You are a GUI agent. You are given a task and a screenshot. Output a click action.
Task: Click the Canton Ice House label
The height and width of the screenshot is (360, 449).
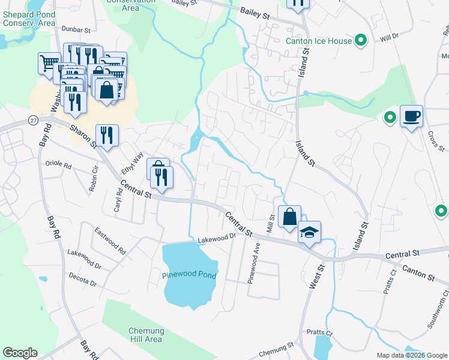(318, 41)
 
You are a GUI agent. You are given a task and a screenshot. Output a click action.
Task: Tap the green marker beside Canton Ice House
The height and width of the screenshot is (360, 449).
(361, 41)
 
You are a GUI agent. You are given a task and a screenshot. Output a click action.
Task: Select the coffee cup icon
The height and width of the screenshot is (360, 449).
(412, 116)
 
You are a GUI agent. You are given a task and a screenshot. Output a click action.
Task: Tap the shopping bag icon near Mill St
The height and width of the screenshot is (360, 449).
(289, 217)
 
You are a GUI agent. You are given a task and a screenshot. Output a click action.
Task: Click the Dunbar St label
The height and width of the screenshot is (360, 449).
(76, 29)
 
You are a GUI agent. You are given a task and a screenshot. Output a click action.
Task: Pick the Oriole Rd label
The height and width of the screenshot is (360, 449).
(59, 163)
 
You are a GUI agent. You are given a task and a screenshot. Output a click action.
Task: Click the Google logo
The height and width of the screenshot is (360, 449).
(20, 353)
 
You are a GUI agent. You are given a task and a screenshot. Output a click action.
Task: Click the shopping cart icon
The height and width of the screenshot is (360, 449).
(49, 62)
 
